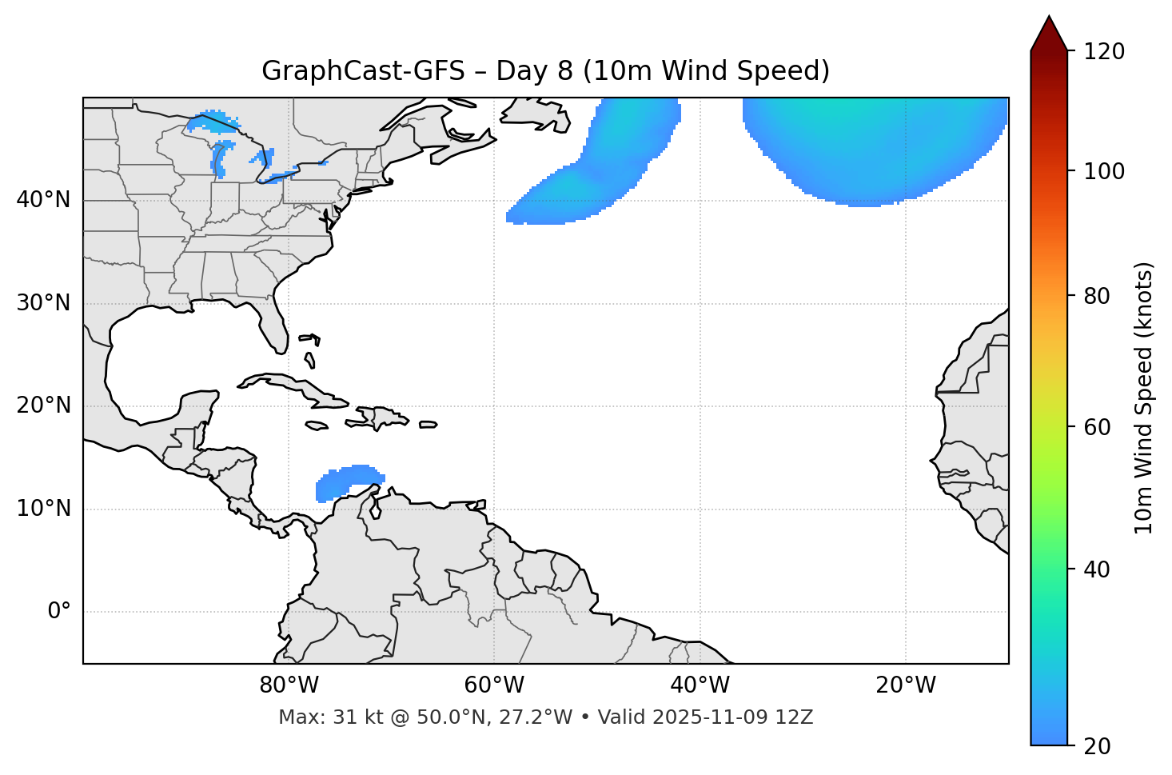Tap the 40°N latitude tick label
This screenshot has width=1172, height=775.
pos(43,199)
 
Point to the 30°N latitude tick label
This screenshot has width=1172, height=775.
pos(43,303)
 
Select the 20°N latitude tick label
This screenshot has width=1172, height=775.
pos(43,405)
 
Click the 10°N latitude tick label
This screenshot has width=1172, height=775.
pos(43,509)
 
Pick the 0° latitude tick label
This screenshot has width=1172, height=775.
pos(59,612)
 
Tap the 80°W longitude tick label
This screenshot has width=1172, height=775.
pos(289,685)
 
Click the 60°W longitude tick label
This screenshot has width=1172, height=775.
pos(494,685)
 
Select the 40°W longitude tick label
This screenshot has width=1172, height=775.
pos(700,685)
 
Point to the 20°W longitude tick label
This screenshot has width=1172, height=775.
pos(906,685)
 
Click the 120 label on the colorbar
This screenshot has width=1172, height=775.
pos(1104,51)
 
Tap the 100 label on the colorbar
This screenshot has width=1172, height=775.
pos(1104,171)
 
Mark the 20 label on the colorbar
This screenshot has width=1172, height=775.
pos(1098,746)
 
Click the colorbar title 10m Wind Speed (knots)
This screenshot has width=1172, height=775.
pos(1144,397)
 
